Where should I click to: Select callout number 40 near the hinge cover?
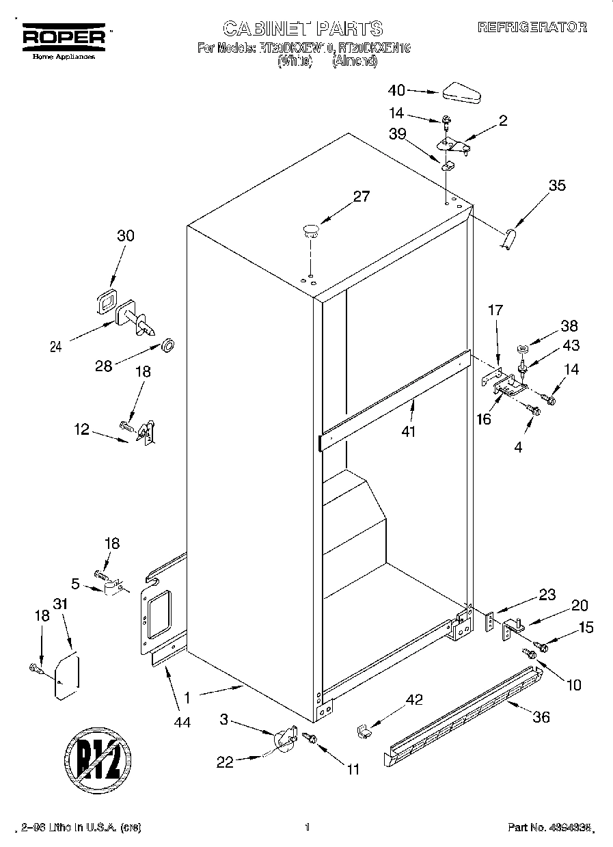pos(396,90)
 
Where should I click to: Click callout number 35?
pos(557,185)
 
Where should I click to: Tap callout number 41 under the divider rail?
pos(409,432)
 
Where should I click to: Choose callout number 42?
pos(414,699)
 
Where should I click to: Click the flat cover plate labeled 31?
pos(67,677)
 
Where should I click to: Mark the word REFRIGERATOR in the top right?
pos(532,27)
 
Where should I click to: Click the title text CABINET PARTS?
pos(303,28)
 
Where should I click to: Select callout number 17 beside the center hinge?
pos(494,310)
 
